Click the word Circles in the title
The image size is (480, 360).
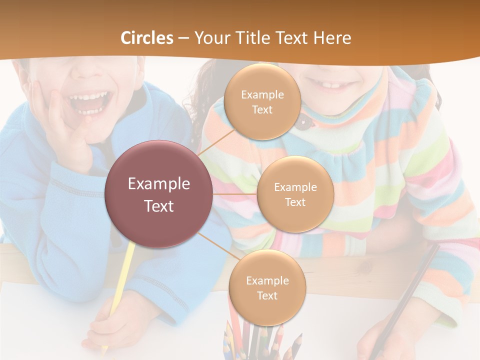(x=146, y=38)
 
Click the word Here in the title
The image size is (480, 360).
(x=332, y=38)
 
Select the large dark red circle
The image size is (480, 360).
(x=158, y=194)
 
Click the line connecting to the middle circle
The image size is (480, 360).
(x=235, y=194)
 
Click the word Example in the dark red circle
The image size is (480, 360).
(x=158, y=184)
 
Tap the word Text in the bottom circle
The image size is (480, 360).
(x=267, y=295)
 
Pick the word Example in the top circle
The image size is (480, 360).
(x=262, y=95)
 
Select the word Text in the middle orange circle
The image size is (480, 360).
(x=295, y=202)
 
